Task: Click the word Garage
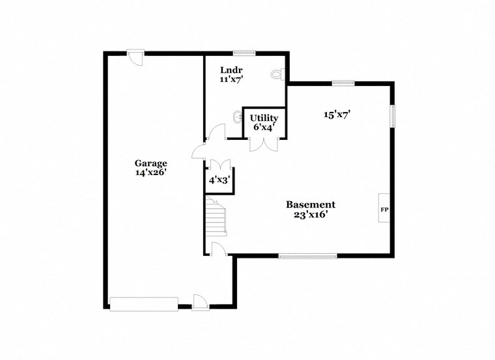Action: [151, 163]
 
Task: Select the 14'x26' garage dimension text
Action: [151, 174]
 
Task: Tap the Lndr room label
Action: [231, 70]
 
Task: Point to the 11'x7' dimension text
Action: [231, 79]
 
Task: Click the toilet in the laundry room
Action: [278, 75]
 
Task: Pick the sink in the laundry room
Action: [236, 118]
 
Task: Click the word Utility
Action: [264, 118]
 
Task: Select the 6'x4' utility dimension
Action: [264, 128]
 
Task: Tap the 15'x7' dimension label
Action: [338, 115]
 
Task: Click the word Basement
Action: [311, 204]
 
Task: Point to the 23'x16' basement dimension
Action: [311, 215]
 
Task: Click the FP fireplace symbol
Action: [384, 210]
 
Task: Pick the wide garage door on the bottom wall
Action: [143, 303]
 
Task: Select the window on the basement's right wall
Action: [393, 116]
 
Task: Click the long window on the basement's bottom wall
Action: [307, 256]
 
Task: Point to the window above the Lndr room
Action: [244, 53]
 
